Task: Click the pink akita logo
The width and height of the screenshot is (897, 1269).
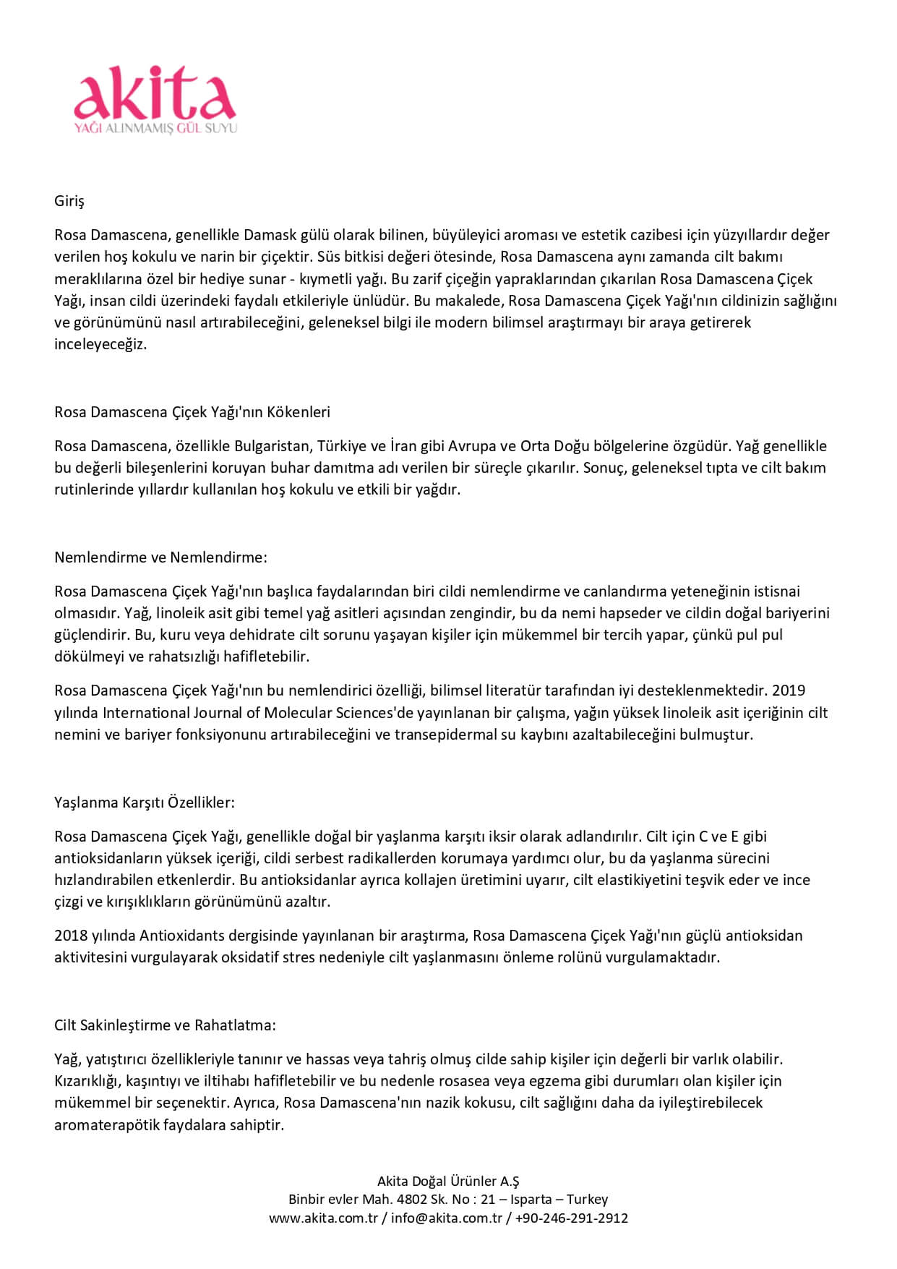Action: (x=155, y=94)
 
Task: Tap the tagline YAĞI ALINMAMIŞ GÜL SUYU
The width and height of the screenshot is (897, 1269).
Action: (x=155, y=129)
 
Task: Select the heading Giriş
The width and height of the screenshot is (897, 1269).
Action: (x=69, y=201)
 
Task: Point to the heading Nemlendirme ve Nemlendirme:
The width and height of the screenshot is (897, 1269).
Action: (x=160, y=557)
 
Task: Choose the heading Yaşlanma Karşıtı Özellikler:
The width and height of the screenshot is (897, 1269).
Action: (x=145, y=803)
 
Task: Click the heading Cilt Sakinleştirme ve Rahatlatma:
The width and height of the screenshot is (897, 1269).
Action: (x=165, y=1025)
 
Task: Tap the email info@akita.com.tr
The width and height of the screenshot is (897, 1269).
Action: (x=447, y=1218)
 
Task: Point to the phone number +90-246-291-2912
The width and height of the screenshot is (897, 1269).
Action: (x=571, y=1218)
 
